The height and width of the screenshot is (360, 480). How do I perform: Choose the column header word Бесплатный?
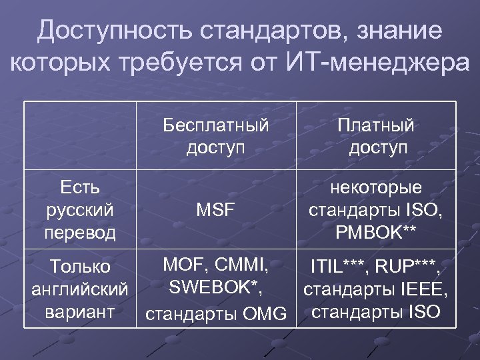216,125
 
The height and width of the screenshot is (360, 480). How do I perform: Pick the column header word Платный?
377,125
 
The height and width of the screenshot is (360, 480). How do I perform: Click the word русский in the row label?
80,210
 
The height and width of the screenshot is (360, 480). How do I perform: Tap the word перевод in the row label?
80,233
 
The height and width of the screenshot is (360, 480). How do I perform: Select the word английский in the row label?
80,289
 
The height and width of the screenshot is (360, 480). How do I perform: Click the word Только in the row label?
80,267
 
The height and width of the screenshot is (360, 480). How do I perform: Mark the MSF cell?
216,211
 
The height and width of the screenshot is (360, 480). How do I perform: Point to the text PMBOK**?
377,233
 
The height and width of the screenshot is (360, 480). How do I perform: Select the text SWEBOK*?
214,287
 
